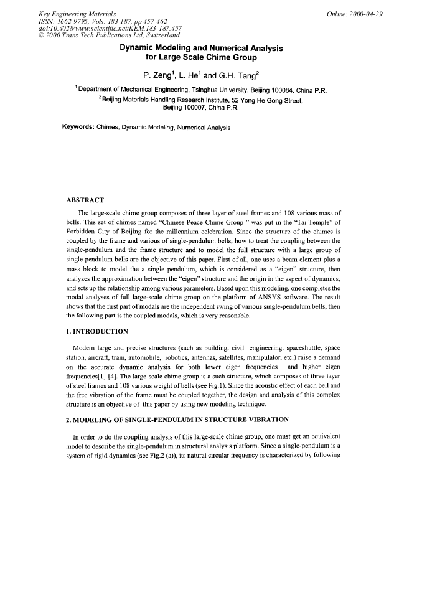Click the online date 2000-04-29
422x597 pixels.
371,13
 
